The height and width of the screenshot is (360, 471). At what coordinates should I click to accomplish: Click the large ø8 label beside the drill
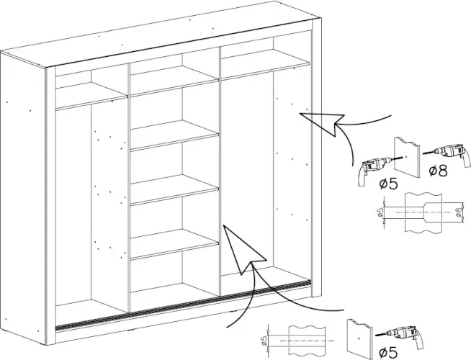pyautogui.click(x=438, y=171)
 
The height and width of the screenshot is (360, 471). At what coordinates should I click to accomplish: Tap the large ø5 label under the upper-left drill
pyautogui.click(x=388, y=184)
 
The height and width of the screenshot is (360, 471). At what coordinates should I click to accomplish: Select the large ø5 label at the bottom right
pyautogui.click(x=388, y=352)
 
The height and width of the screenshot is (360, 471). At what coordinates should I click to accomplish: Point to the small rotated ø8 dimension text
pyautogui.click(x=458, y=212)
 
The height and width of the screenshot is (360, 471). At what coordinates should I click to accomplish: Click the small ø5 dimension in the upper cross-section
pyautogui.click(x=380, y=212)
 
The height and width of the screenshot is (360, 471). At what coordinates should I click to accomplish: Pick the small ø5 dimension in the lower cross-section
pyautogui.click(x=264, y=341)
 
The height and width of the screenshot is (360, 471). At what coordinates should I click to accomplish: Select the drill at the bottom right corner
pyautogui.click(x=400, y=336)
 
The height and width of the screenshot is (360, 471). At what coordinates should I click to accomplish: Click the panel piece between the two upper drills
pyautogui.click(x=406, y=158)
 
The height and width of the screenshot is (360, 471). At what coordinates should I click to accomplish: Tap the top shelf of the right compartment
pyautogui.click(x=265, y=65)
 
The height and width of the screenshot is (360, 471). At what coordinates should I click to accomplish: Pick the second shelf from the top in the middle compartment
pyautogui.click(x=174, y=135)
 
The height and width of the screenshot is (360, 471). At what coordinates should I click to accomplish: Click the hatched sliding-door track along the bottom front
pyautogui.click(x=183, y=305)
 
